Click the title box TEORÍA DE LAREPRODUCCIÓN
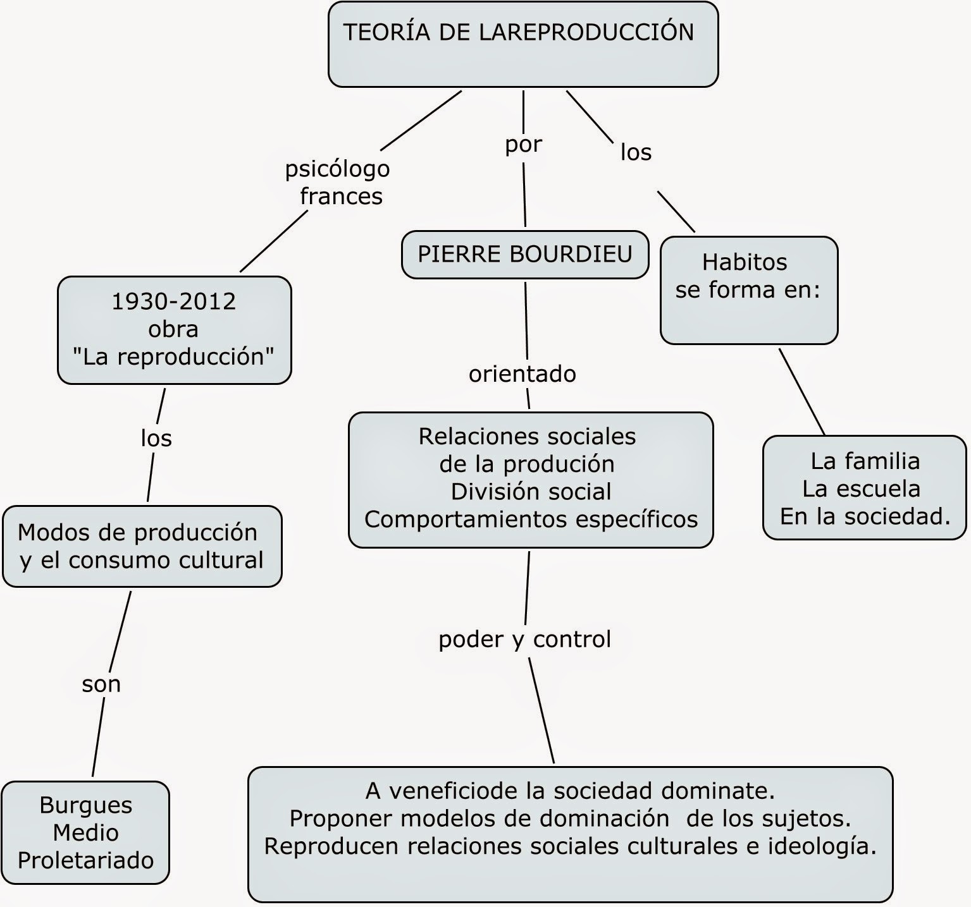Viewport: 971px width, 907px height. click(x=523, y=44)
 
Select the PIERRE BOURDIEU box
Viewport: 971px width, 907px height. click(x=525, y=254)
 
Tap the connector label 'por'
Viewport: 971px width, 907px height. click(x=523, y=145)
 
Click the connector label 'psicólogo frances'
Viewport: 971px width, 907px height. click(x=338, y=182)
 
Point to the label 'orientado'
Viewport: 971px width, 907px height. click(x=523, y=374)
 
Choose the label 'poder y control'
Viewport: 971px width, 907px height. click(x=524, y=639)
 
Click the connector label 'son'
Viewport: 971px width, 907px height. click(x=101, y=684)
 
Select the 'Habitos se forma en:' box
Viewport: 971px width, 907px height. click(x=748, y=290)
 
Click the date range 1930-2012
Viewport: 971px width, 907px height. click(x=173, y=301)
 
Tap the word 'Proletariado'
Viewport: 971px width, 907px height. click(x=85, y=860)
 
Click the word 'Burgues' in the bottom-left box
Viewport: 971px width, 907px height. click(x=85, y=805)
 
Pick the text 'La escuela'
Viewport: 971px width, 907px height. click(x=861, y=489)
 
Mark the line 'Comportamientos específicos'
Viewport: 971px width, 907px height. click(x=531, y=520)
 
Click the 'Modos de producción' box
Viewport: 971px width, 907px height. click(x=142, y=546)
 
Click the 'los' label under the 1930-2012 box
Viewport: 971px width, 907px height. click(x=156, y=438)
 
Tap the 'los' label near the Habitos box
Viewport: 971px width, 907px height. click(x=636, y=152)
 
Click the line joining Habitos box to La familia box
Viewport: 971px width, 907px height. click(x=801, y=391)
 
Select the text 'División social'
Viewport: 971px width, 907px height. click(x=531, y=492)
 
